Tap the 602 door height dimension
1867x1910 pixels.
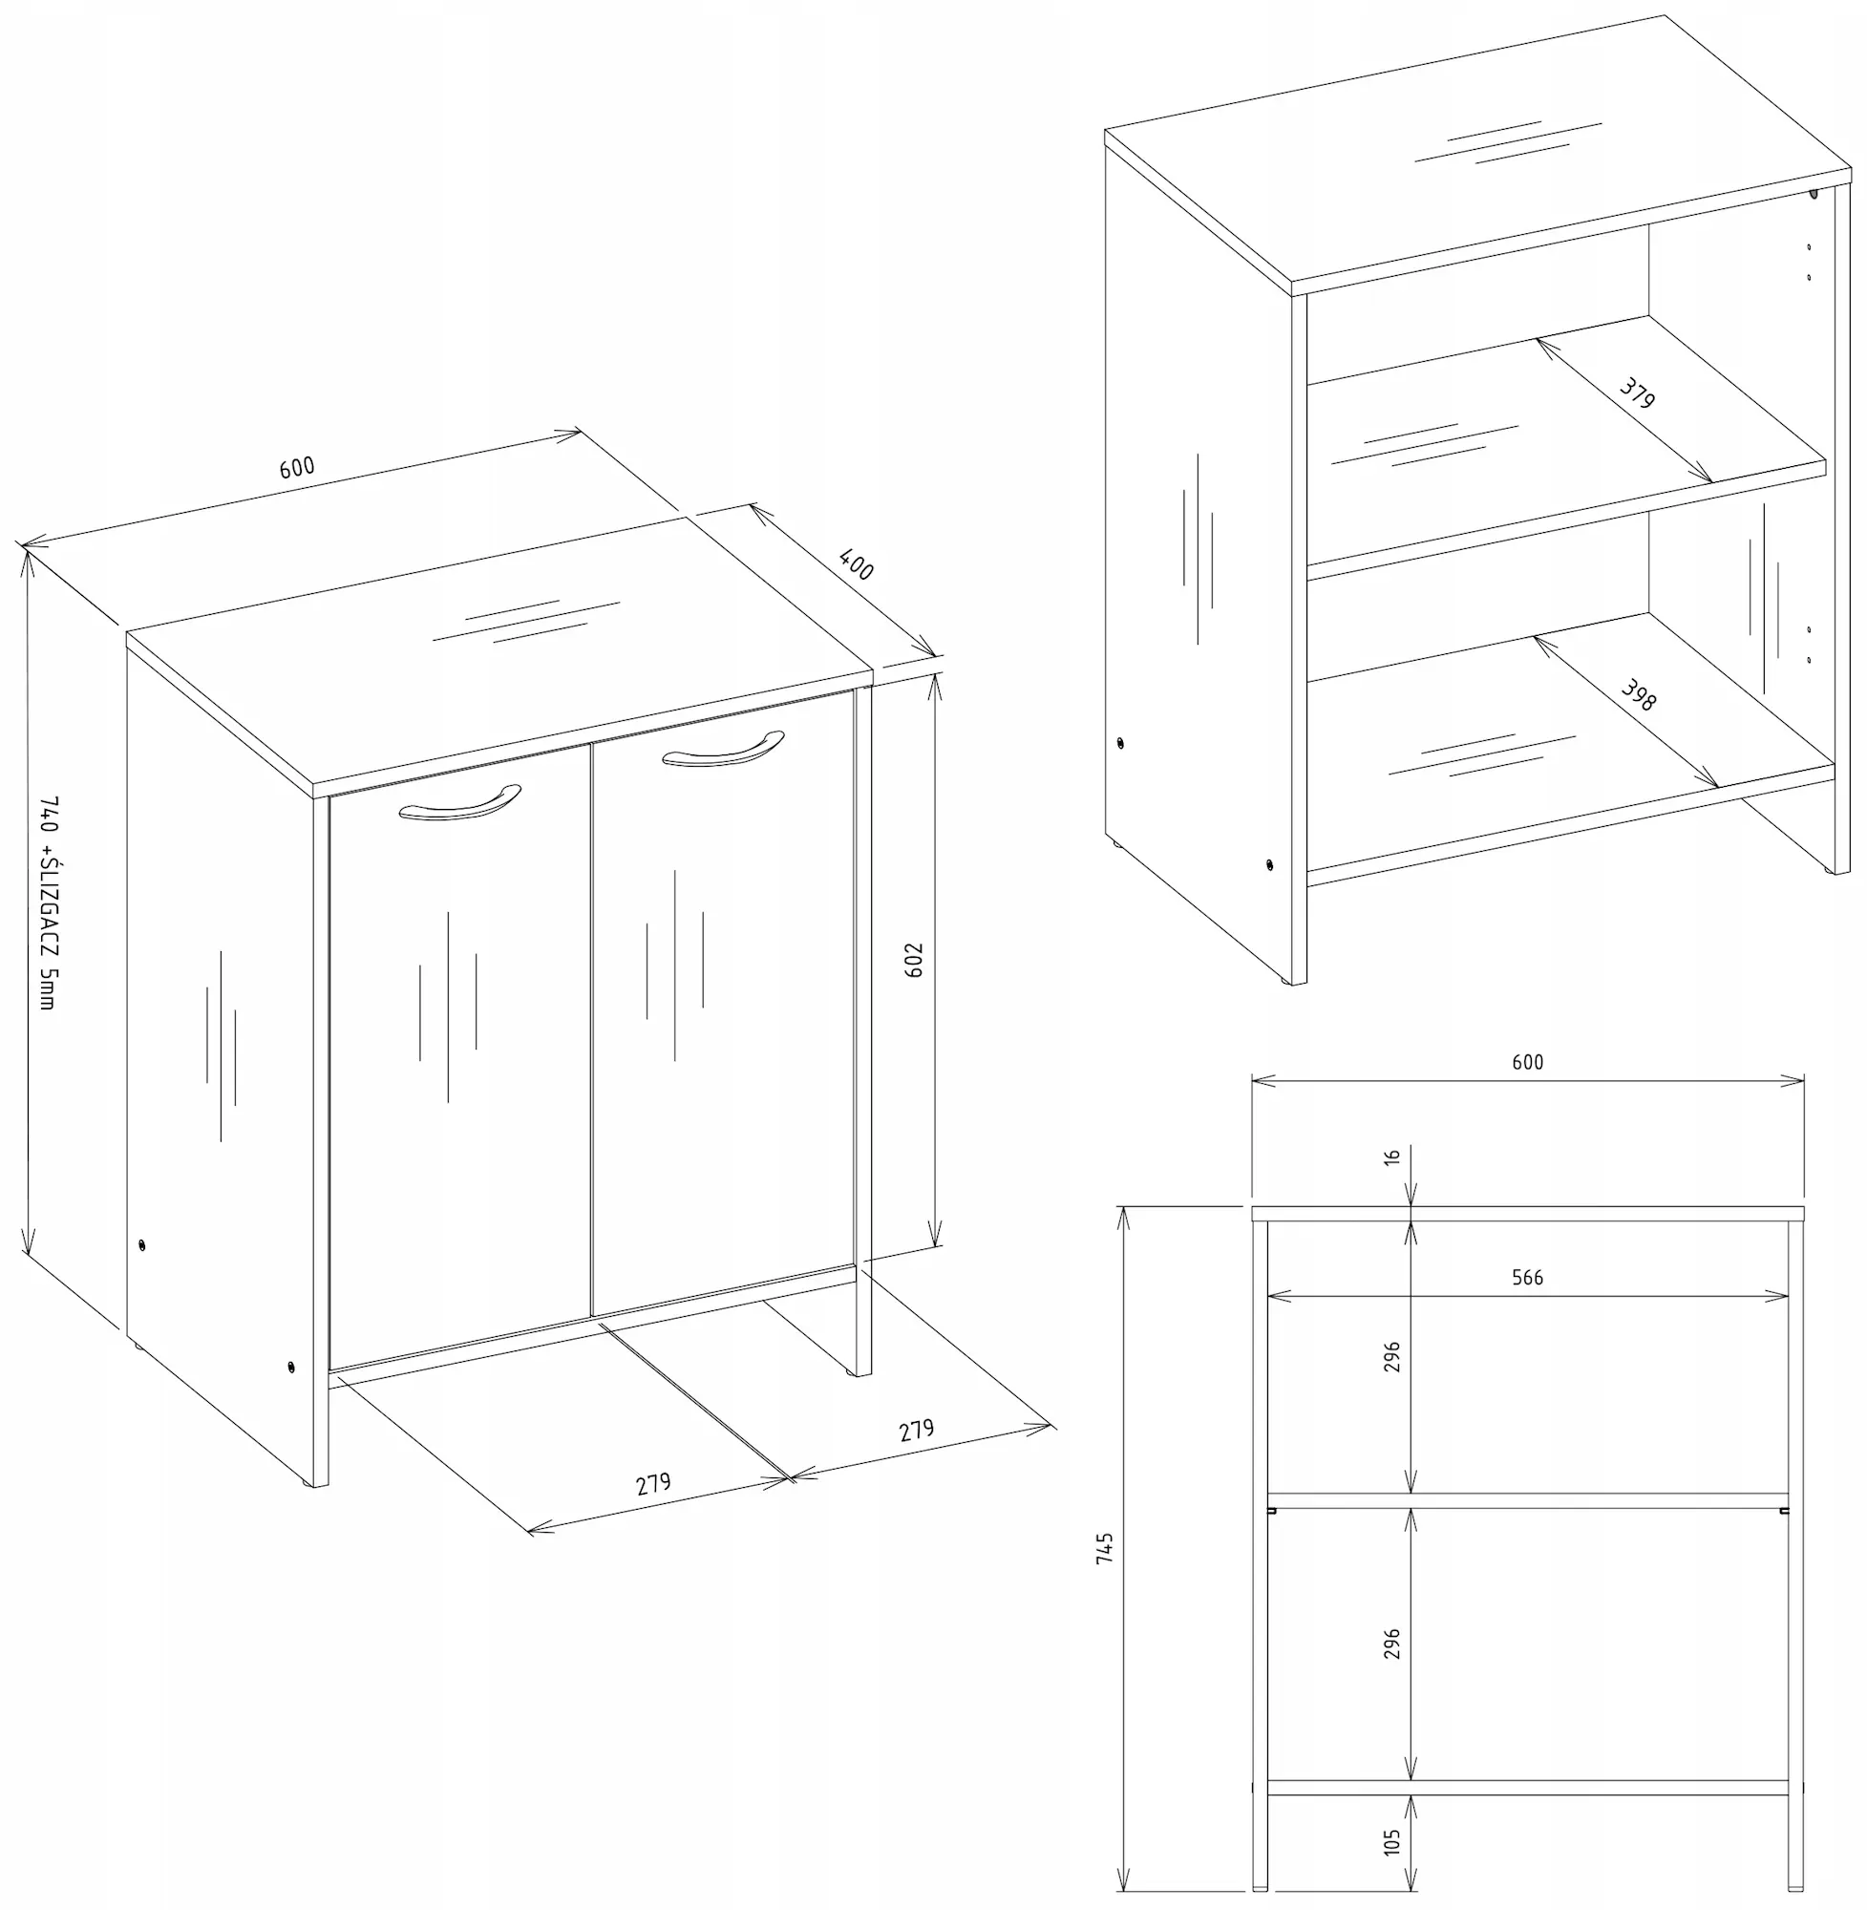coord(914,960)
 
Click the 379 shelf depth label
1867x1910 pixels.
coord(1637,394)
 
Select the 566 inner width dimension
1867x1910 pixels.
coord(1527,1277)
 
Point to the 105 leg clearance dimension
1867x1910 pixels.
coord(1392,1840)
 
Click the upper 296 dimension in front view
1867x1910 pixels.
coord(1392,1357)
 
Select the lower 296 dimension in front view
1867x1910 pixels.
coord(1392,1645)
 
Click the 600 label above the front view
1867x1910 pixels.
coord(1527,1062)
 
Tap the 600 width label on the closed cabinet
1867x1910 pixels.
coord(297,467)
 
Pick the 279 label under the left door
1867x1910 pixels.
coord(653,1483)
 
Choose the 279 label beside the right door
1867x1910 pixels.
coord(917,1430)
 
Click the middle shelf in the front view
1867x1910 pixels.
coord(1527,1500)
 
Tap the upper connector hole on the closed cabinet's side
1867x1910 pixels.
coord(142,1245)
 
